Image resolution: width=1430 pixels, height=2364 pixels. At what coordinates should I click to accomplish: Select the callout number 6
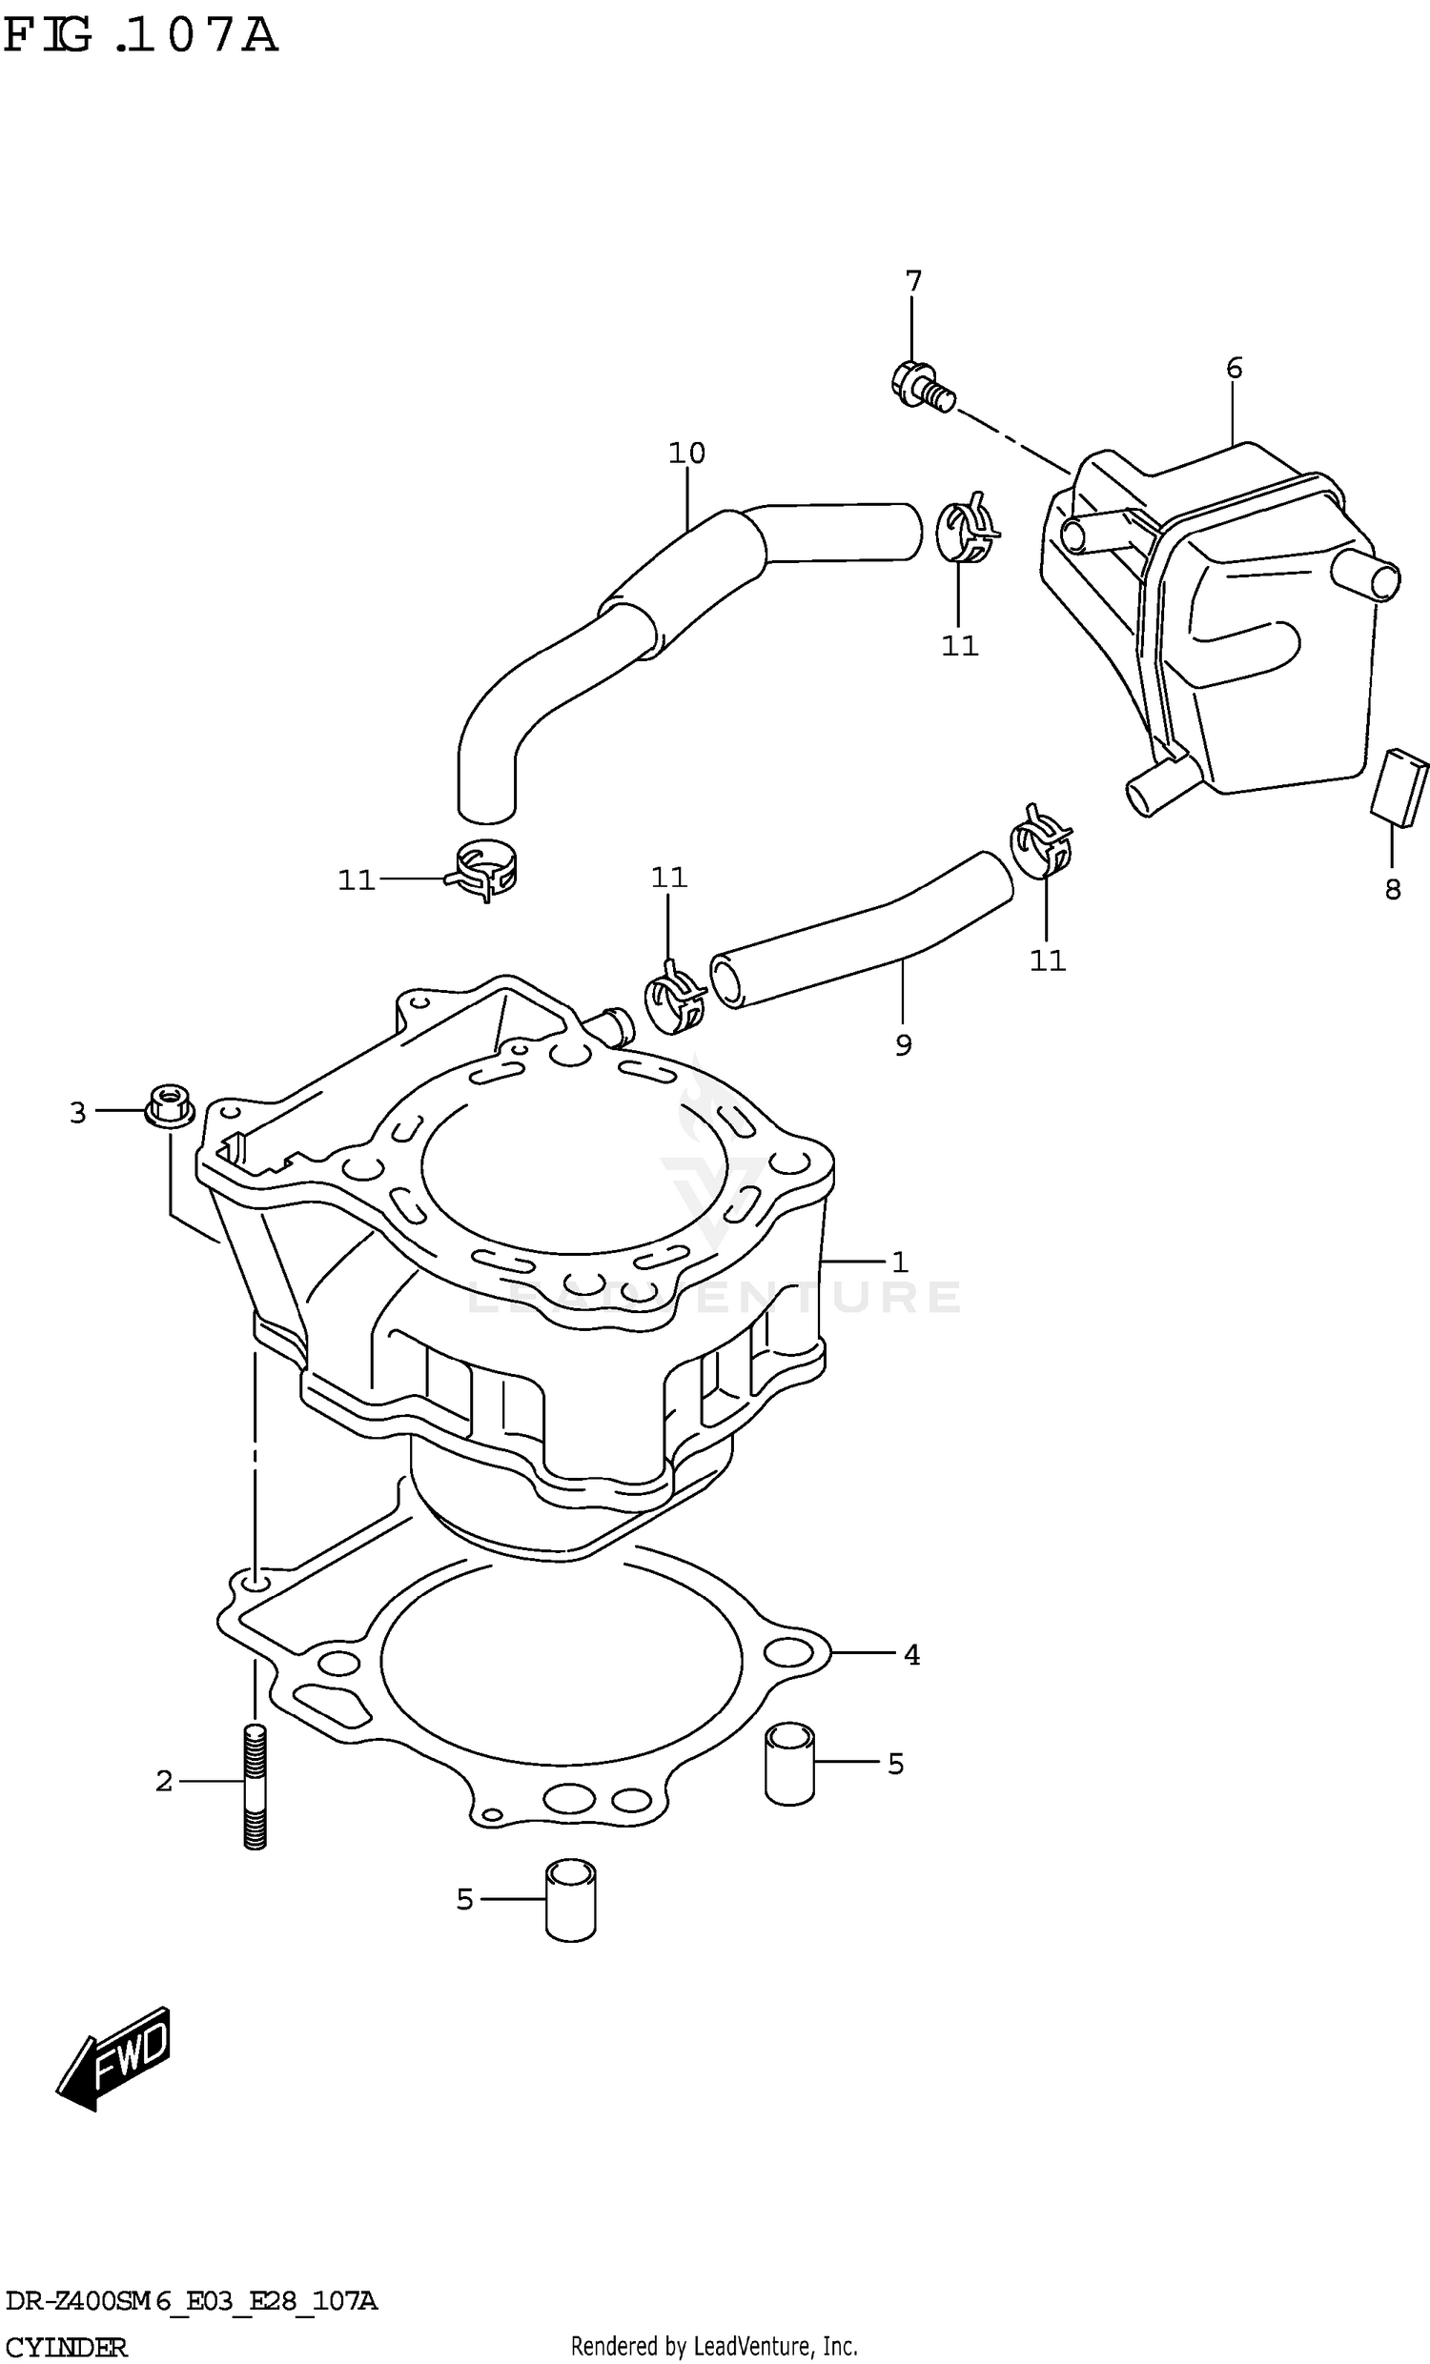point(1235,369)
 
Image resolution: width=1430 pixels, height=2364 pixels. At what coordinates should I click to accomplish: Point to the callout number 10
point(687,453)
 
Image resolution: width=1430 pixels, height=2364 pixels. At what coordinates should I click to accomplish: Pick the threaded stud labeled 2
point(255,1787)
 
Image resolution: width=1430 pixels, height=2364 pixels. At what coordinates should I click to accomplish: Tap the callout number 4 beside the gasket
point(911,1655)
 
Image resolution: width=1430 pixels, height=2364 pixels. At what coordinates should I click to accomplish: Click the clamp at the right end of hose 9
point(1041,842)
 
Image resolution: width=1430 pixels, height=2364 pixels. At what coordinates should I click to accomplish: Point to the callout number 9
point(903,1046)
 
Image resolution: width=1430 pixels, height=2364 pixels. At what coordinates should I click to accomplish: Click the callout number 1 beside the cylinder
point(899,1263)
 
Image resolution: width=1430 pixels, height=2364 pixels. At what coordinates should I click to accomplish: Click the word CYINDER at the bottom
point(64,2347)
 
